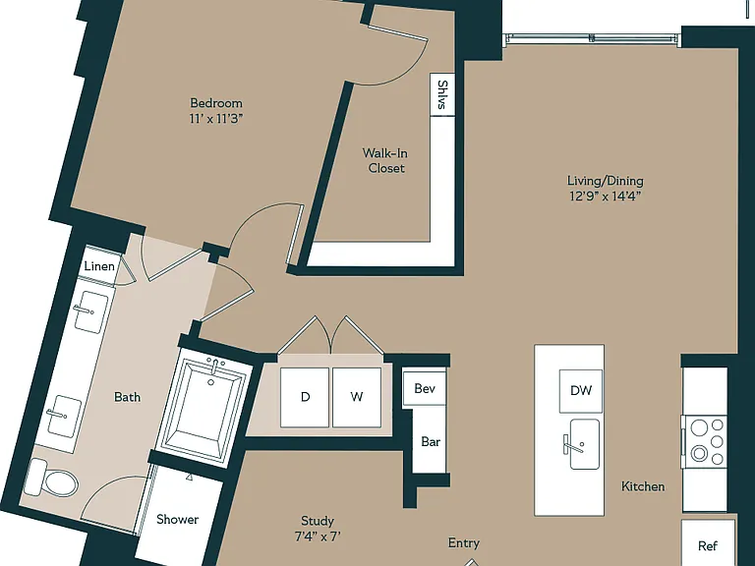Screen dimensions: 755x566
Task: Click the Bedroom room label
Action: tap(216, 103)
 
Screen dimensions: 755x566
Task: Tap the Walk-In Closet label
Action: tap(385, 161)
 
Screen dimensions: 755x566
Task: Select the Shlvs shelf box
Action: tap(442, 94)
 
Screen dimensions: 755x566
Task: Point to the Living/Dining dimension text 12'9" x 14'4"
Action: tap(606, 196)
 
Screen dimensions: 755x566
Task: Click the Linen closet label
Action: tap(99, 266)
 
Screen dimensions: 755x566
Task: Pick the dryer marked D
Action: tap(305, 397)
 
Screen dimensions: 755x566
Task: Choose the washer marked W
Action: tap(357, 397)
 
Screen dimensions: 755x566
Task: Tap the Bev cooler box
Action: tap(425, 388)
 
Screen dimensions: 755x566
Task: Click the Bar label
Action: tap(431, 442)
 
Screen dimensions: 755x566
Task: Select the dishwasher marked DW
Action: tap(581, 391)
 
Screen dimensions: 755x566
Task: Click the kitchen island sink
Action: tap(585, 444)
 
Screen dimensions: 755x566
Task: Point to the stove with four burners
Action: tap(705, 441)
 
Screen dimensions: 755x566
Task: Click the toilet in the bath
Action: tap(52, 479)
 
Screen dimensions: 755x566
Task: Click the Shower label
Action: tap(177, 519)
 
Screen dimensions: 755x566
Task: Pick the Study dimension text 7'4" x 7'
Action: tap(318, 537)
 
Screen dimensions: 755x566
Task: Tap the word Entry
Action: tap(464, 543)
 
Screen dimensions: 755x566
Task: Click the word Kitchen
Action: tap(643, 486)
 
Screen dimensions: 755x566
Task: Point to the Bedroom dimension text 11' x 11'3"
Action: tap(216, 118)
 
